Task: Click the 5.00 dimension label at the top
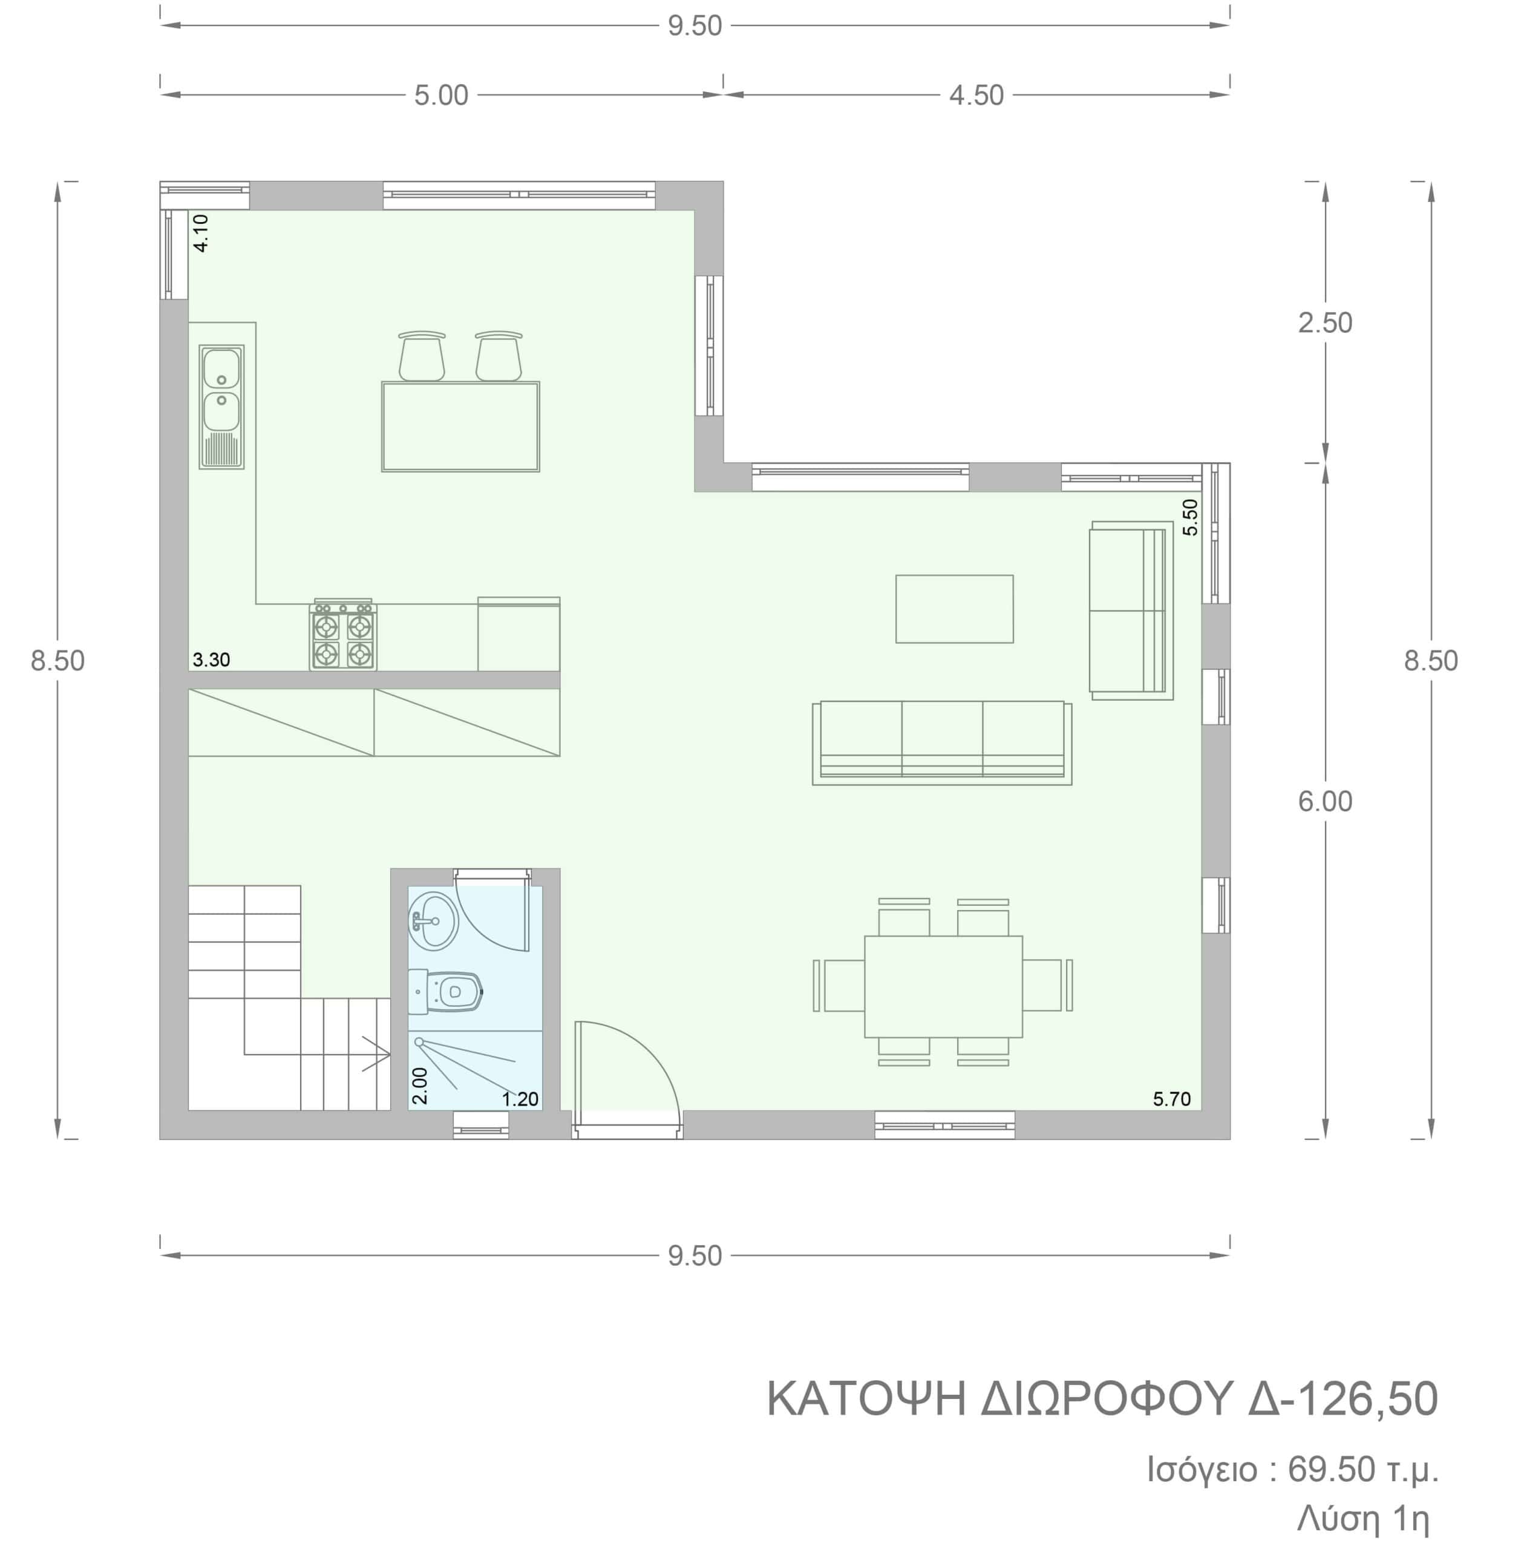point(441,95)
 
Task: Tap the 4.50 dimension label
point(976,95)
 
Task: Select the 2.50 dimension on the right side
point(1325,323)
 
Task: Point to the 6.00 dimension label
point(1325,801)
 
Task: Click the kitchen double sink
point(221,407)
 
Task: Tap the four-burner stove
point(344,635)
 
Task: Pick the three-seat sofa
point(942,742)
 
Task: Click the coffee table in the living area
point(954,608)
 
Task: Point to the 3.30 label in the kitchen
point(211,660)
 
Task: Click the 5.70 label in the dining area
point(1172,1099)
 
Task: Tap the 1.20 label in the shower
point(520,1099)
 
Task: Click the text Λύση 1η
point(1363,1519)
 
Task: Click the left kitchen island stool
point(422,356)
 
